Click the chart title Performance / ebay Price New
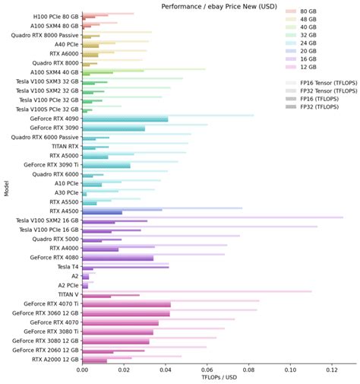217,5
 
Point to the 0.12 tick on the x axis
332,368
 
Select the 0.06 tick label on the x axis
207,368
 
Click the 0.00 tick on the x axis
82,368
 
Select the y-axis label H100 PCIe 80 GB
55,16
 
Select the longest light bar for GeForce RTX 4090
168,116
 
